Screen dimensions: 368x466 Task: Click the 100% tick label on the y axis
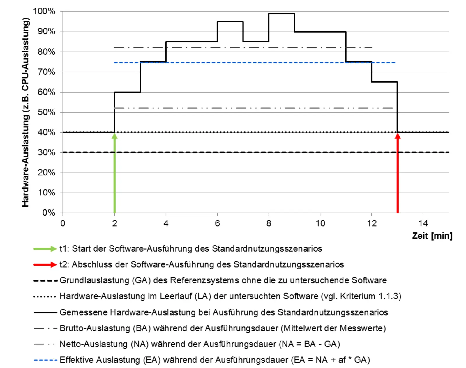click(44, 11)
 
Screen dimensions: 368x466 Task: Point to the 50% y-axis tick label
click(46, 112)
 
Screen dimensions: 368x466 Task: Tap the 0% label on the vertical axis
click(49, 213)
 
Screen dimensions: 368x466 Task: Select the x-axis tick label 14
click(423, 223)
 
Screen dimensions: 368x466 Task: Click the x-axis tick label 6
click(217, 223)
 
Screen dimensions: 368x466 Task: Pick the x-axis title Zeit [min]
click(432, 236)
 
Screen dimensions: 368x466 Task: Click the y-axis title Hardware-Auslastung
click(26, 112)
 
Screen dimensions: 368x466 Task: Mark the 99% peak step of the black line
click(281, 13)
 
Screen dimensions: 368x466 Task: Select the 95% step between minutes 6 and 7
click(230, 22)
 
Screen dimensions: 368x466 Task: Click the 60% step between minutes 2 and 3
click(127, 92)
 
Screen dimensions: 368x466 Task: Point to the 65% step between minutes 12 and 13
click(384, 82)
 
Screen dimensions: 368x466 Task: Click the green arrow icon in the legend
click(45, 249)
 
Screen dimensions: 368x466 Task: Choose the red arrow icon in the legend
click(45, 264)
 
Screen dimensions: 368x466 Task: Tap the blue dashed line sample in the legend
click(45, 360)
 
